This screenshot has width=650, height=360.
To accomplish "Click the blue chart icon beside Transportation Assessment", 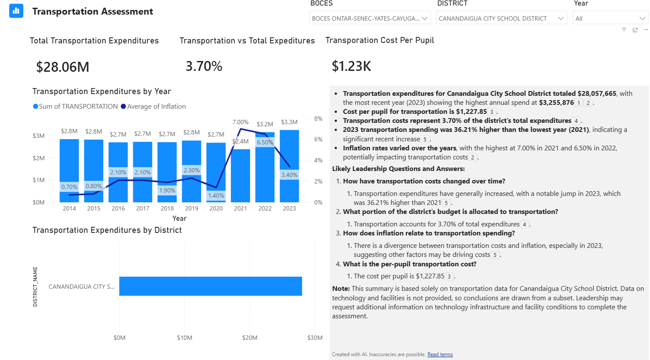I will click(16, 11).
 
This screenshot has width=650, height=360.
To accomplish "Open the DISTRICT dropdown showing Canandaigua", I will click(501, 18).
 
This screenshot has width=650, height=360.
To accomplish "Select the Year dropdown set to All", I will click(610, 18).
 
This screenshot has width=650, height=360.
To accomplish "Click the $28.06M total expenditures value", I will click(63, 67).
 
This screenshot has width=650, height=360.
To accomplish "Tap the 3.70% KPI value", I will click(204, 66).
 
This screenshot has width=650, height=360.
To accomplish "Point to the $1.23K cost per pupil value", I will click(351, 66).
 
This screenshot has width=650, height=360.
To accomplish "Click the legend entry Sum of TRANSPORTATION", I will click(78, 107).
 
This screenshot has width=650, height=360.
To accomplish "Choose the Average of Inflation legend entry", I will click(156, 107).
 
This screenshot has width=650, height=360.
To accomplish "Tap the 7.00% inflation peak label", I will click(240, 122).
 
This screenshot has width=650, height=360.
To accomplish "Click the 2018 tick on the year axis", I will click(167, 208).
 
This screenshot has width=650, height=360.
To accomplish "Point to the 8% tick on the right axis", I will click(318, 119).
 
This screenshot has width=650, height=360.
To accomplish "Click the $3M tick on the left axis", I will click(39, 136).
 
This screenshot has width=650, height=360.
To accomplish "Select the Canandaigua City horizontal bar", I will click(210, 286).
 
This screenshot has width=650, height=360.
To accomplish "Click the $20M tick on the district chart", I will click(250, 338).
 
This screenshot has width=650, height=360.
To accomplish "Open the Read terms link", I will click(440, 354).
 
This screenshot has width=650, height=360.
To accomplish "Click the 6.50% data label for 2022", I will click(265, 142).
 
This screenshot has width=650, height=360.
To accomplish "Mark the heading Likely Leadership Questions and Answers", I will click(398, 169).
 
